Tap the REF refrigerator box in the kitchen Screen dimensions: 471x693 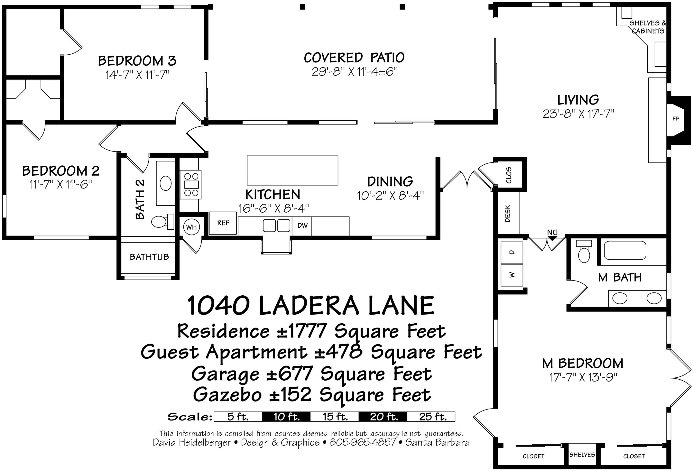click(223, 223)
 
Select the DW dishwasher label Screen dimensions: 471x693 click(302, 226)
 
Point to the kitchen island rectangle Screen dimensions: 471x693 click(292, 170)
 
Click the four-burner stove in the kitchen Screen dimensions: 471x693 click(191, 184)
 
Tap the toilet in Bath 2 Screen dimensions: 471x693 click(161, 222)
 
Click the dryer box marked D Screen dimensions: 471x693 click(512, 253)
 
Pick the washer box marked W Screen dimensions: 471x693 click(512, 275)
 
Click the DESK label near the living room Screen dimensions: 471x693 click(508, 214)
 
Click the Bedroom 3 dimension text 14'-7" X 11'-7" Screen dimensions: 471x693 click(137, 75)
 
